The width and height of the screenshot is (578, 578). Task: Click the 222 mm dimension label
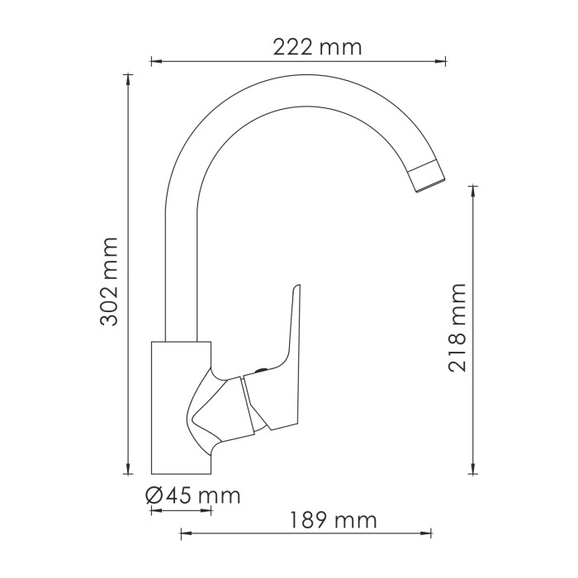(x=317, y=47)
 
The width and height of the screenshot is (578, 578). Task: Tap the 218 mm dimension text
(x=457, y=328)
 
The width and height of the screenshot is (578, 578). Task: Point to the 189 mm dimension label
(x=333, y=521)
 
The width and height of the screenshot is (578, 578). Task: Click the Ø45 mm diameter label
(x=192, y=495)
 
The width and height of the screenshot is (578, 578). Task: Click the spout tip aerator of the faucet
(x=428, y=175)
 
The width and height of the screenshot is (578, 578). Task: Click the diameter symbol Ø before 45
(x=154, y=495)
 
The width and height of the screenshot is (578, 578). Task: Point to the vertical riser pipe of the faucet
(x=182, y=272)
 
